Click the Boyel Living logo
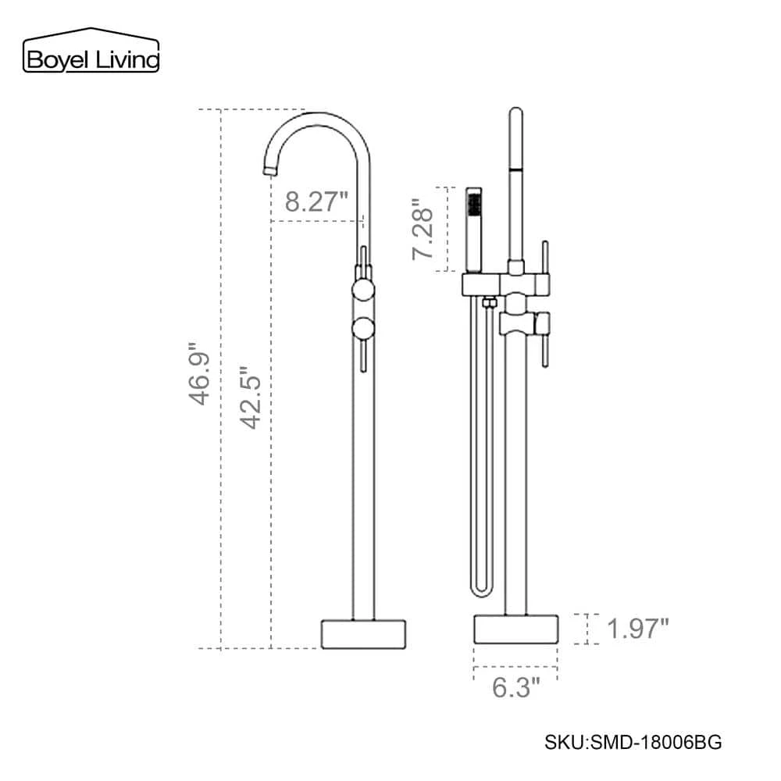91,50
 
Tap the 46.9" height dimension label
200,373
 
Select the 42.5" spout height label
251,398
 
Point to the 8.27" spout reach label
316,201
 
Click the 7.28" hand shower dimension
423,229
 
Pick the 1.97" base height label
638,629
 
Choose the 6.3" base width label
516,688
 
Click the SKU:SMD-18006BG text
633,742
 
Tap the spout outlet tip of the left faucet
269,171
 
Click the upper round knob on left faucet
363,290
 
